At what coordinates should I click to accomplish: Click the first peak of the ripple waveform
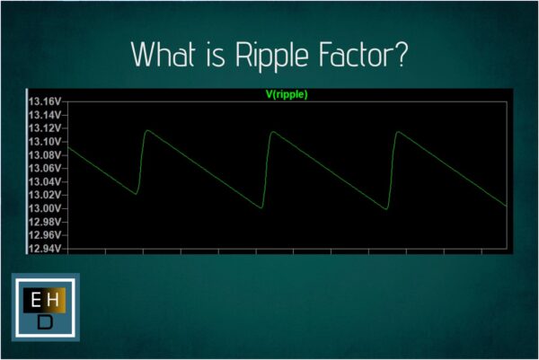click(148, 131)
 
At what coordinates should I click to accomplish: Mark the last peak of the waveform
click(398, 132)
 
